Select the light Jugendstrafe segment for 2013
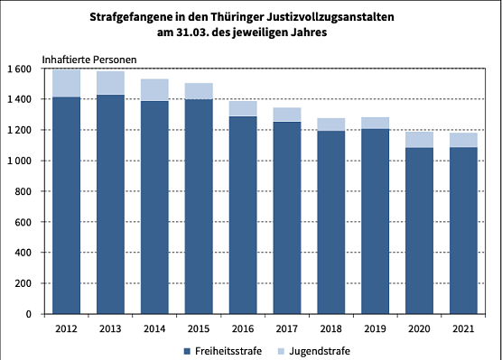pos(110,83)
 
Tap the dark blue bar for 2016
pos(243,215)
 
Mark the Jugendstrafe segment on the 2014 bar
pos(154,90)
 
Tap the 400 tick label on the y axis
pos(23,254)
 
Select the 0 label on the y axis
pos(29,315)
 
